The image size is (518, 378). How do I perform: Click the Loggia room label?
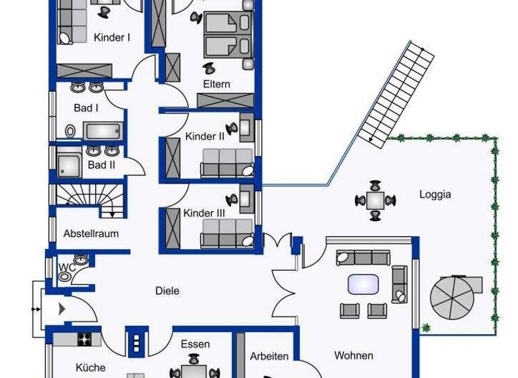pyautogui.click(x=435, y=195)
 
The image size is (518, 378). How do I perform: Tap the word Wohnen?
pyautogui.click(x=353, y=355)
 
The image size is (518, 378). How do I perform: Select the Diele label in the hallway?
pyautogui.click(x=167, y=291)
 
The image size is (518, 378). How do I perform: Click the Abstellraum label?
pyautogui.click(x=91, y=234)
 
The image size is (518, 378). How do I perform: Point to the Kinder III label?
pyautogui.click(x=204, y=213)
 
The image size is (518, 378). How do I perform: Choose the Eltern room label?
pyautogui.click(x=217, y=84)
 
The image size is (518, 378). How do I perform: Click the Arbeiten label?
pyautogui.click(x=269, y=356)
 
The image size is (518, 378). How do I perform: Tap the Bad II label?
pyautogui.click(x=102, y=164)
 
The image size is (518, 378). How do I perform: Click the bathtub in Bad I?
pyautogui.click(x=103, y=130)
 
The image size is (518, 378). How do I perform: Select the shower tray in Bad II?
pyautogui.click(x=69, y=165)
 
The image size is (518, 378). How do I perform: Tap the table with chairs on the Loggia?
pyautogui.click(x=375, y=200)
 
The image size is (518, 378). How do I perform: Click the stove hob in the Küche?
pyautogui.click(x=85, y=340)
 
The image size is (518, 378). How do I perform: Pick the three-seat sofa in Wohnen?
pyautogui.click(x=364, y=257)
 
